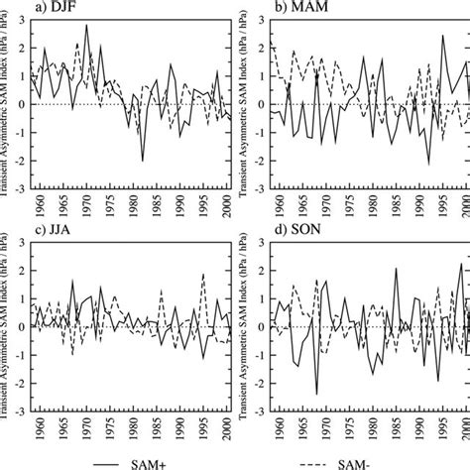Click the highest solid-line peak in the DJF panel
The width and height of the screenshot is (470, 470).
point(86,26)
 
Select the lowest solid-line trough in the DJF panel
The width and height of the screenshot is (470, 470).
point(143,160)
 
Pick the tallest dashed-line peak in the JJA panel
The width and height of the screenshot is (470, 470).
point(202,275)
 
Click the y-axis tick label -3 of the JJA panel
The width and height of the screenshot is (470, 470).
point(25,407)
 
